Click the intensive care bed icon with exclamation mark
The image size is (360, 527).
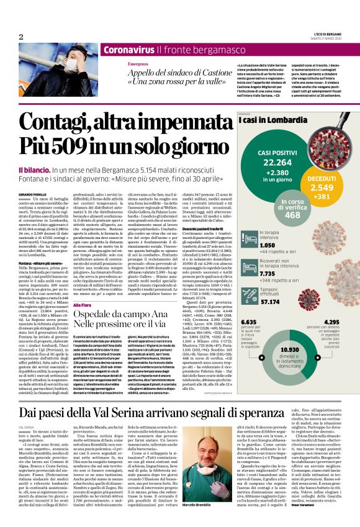point(247,237)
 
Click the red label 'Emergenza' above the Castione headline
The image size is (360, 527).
point(139,65)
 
